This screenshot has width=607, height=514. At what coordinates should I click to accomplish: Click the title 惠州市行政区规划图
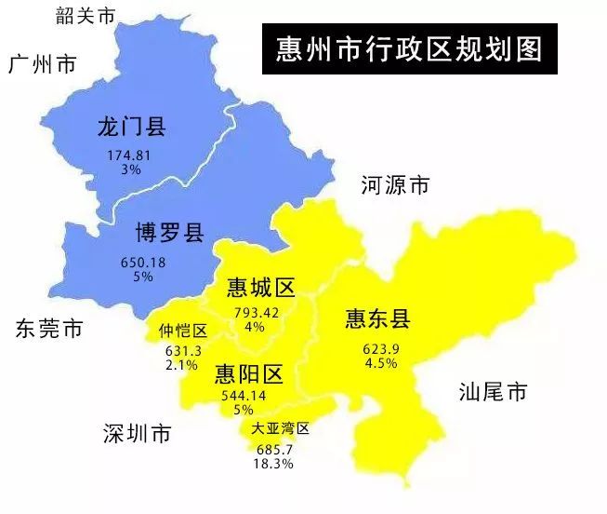coord(410,48)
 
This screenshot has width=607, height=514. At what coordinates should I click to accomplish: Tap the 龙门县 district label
coord(131,128)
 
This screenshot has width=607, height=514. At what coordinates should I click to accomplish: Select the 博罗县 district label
coord(169,232)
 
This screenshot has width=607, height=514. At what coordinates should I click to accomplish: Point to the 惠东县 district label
coord(376,319)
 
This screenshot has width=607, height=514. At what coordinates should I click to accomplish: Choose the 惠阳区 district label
coord(248,374)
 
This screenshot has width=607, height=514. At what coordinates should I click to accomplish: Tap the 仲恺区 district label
coord(182,331)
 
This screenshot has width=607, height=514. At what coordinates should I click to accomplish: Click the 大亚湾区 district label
coord(280,429)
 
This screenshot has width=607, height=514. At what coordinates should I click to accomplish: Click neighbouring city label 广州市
coord(42,64)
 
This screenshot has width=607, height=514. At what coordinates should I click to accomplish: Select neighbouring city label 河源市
coord(395,186)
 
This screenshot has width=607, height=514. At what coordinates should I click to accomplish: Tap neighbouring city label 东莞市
coord(48,328)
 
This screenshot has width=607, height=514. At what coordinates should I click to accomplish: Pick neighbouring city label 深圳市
coord(137,434)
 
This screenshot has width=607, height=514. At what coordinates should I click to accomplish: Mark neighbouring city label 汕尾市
coord(493,392)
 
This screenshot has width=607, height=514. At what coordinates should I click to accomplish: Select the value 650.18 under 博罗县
coord(143,262)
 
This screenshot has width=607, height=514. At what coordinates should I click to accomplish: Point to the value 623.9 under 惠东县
coord(381,349)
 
